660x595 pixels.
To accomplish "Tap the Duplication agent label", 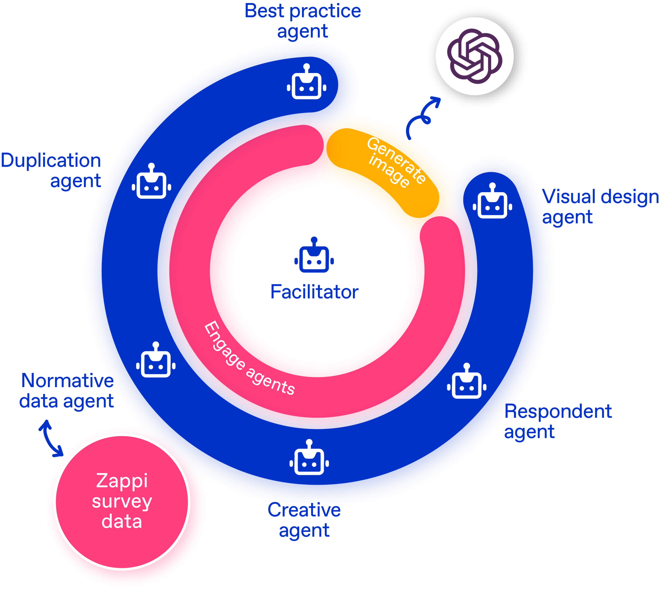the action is (x=51, y=170).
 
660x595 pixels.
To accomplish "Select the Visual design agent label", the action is (x=600, y=207).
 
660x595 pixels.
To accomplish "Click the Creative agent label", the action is (x=304, y=520).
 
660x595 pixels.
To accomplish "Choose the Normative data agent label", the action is (x=67, y=391).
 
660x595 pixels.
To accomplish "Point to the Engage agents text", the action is (x=249, y=358).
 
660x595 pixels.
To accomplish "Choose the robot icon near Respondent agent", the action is (x=466, y=381).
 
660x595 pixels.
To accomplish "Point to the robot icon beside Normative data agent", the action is (x=156, y=360).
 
